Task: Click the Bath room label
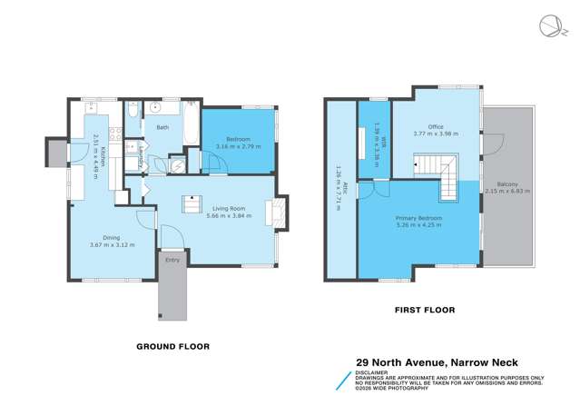162,127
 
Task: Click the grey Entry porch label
171,260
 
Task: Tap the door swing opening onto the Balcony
492,144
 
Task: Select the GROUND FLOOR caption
172,346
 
